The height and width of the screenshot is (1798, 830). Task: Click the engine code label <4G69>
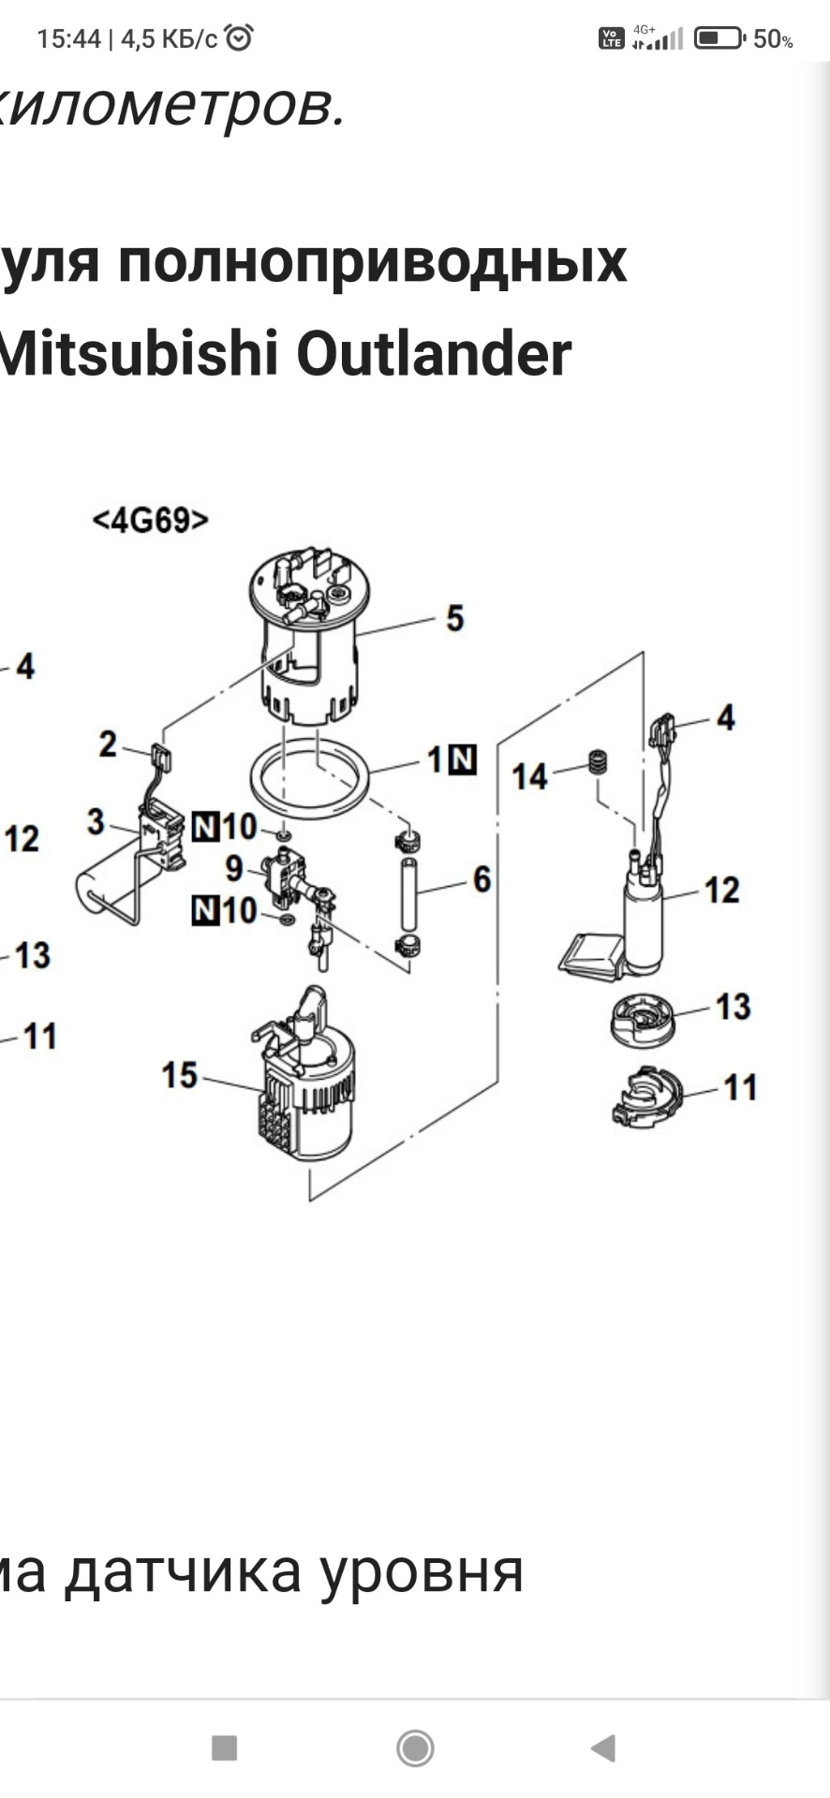tap(150, 520)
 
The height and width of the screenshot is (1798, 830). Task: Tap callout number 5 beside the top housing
tap(454, 618)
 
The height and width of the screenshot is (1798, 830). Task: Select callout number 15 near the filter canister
tap(179, 1075)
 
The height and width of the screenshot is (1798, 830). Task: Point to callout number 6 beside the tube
tap(482, 879)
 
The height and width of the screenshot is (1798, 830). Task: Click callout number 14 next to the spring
tap(529, 776)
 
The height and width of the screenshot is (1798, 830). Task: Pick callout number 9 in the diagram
tap(234, 868)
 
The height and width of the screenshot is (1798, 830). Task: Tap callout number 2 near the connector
tap(109, 744)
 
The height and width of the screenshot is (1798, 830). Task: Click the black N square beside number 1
tap(463, 759)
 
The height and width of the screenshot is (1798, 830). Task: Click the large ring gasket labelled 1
tap(310, 777)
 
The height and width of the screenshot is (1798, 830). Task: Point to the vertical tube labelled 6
tap(409, 890)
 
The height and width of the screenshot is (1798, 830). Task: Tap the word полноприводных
tap(372, 262)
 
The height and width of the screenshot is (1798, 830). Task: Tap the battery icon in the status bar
tap(719, 38)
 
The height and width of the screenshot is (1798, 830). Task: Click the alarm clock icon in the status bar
tap(240, 37)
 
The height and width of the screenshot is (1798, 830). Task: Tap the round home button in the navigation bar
tap(415, 1747)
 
